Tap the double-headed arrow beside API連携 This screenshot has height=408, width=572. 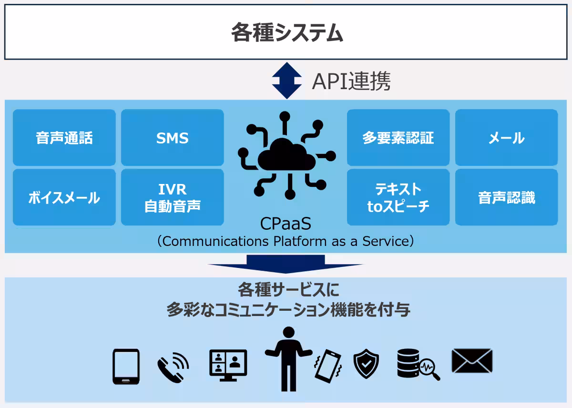(x=286, y=81)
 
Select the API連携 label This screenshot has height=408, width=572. (x=351, y=82)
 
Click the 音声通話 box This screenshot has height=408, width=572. (x=64, y=138)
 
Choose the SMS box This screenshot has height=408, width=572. (x=172, y=138)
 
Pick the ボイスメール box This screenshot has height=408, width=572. (x=64, y=197)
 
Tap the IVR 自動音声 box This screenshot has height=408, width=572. (x=172, y=197)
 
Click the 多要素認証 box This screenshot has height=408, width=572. (x=398, y=138)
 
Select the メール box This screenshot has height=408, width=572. (x=506, y=138)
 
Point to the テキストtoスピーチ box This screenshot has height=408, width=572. (x=398, y=197)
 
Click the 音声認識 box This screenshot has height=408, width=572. (x=506, y=197)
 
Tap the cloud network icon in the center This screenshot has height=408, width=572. (x=286, y=155)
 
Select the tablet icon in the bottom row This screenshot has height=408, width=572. (x=126, y=366)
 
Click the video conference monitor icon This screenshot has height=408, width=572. (x=228, y=365)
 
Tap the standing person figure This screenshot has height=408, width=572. (x=287, y=357)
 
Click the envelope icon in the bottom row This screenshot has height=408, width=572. (x=471, y=361)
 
